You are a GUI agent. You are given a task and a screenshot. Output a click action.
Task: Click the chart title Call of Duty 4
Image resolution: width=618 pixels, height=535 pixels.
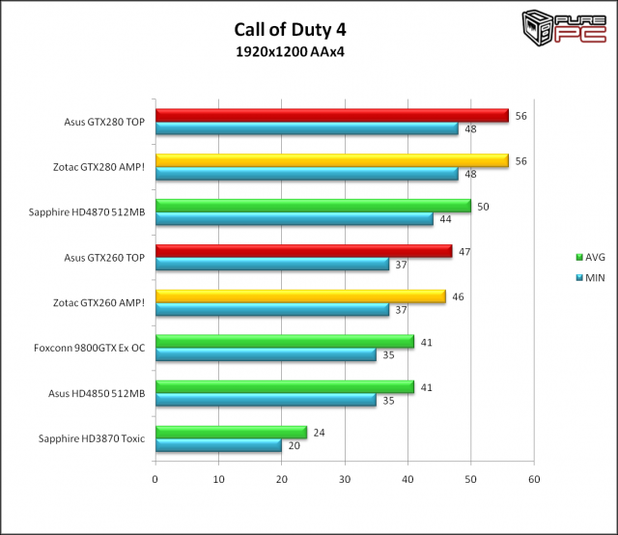click(290, 30)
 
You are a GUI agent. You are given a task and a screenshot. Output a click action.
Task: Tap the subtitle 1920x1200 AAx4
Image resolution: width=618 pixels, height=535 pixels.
click(290, 51)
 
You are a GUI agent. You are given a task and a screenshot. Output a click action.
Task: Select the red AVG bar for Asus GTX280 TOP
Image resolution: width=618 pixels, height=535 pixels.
click(331, 116)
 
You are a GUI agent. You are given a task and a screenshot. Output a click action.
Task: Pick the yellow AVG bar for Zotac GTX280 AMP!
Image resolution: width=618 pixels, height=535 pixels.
click(331, 161)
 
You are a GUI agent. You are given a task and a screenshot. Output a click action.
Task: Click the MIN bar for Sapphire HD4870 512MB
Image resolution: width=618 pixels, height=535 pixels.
click(294, 219)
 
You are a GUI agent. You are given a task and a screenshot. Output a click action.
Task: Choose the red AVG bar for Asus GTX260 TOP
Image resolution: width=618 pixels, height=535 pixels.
click(303, 251)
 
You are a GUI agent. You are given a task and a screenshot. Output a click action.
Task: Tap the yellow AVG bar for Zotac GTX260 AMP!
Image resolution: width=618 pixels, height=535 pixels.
click(300, 296)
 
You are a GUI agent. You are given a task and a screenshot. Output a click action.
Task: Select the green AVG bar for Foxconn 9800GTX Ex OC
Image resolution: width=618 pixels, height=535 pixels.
click(285, 342)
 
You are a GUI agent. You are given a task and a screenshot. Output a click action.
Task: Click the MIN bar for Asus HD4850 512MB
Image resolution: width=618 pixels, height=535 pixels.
click(266, 400)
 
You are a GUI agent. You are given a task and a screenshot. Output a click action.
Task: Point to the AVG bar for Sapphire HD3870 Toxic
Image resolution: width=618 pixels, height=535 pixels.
click(231, 433)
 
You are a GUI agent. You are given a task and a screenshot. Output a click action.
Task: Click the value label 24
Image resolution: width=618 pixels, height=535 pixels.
click(319, 433)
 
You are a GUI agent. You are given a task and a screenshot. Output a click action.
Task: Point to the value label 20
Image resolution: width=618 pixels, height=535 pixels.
click(294, 445)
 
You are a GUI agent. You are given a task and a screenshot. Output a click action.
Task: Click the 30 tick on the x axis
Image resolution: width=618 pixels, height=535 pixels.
click(345, 478)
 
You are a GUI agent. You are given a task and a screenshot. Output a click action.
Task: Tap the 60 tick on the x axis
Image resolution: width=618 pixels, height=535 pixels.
click(534, 478)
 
